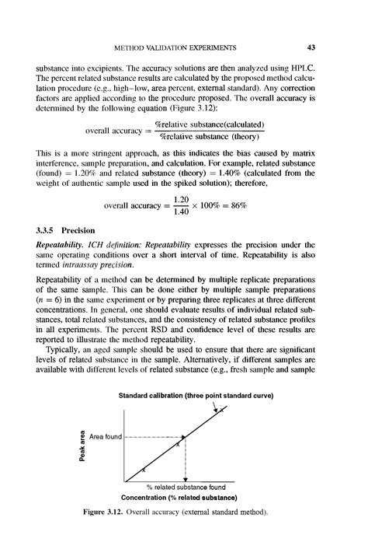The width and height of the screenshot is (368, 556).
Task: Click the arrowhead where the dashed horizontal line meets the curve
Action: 183,437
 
